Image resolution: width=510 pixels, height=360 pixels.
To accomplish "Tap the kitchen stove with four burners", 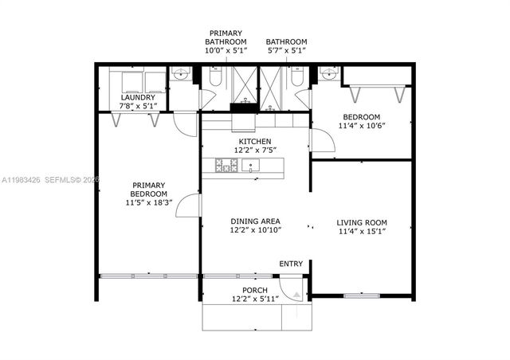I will coord(225,166).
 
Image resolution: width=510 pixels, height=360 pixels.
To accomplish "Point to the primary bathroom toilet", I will coord(215,77).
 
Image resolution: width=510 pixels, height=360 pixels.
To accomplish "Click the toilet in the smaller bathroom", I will coord(296,77).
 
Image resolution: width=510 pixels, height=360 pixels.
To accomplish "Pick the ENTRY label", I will coord(290,264).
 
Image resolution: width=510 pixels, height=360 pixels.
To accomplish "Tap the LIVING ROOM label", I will coord(361,222).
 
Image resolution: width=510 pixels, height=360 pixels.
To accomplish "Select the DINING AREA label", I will coord(255,221).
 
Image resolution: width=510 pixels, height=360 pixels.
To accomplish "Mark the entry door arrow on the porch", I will coord(296,294).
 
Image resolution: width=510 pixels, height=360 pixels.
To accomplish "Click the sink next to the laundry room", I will coord(178,75).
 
